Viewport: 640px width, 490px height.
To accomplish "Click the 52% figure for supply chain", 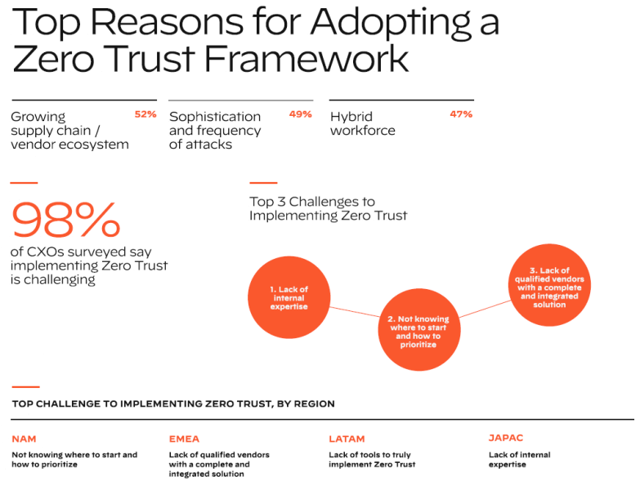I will (145, 114).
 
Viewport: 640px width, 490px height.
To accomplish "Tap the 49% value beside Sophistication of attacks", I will (300, 114).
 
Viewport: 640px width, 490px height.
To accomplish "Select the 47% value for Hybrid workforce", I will (461, 114).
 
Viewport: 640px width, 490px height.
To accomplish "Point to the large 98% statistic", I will (65, 219).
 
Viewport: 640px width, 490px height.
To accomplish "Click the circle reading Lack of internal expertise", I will (289, 295).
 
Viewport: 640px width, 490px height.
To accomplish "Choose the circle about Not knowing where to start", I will (418, 331).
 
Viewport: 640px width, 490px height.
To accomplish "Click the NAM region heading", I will (24, 439).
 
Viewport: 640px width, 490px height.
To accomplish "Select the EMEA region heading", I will (184, 439).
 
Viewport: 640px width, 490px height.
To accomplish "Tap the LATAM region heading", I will (347, 439).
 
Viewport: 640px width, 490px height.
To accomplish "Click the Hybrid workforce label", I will (362, 123).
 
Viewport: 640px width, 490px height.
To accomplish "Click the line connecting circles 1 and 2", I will (355, 313).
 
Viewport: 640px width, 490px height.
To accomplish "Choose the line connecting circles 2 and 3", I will (484, 309).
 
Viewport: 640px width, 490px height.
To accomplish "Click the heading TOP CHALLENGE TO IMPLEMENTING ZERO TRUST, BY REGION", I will (173, 404).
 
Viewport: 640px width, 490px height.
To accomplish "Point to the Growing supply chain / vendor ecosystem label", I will (69, 131).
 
